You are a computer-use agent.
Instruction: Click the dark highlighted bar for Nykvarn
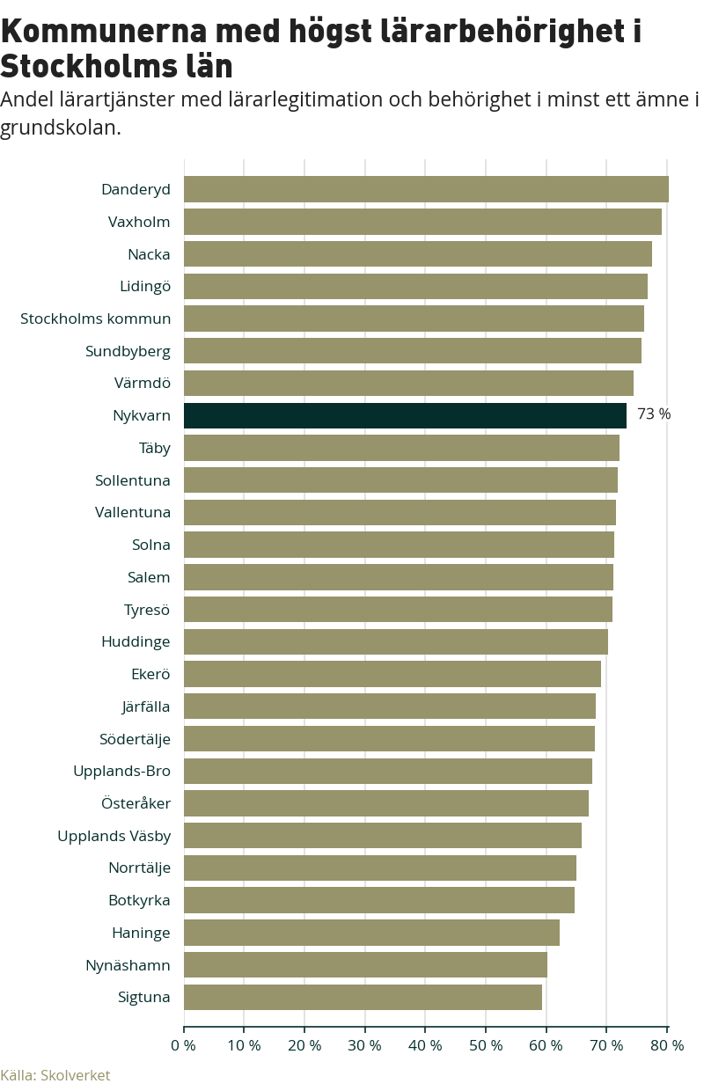tap(405, 415)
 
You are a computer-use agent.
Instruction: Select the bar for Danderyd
tap(426, 189)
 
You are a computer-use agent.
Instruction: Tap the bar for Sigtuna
tap(363, 997)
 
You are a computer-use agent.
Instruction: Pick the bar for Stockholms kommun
tap(414, 319)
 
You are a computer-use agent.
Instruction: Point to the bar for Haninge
tap(371, 933)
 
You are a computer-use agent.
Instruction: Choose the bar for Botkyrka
tap(378, 900)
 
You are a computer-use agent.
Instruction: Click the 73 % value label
tap(654, 414)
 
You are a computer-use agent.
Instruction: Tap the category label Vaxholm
tap(139, 222)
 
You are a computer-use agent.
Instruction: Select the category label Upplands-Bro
tap(121, 771)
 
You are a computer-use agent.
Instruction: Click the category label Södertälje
tap(135, 739)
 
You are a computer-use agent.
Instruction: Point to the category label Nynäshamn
tap(128, 965)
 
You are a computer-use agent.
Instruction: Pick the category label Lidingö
tap(145, 286)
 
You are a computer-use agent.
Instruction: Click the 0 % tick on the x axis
tap(183, 1045)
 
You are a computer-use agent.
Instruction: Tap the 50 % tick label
tap(486, 1045)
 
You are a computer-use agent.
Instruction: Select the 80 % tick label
tap(667, 1045)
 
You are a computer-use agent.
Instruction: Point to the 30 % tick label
tap(364, 1045)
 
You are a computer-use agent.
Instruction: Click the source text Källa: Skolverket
tap(55, 1075)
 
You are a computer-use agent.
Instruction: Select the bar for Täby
tap(401, 448)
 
